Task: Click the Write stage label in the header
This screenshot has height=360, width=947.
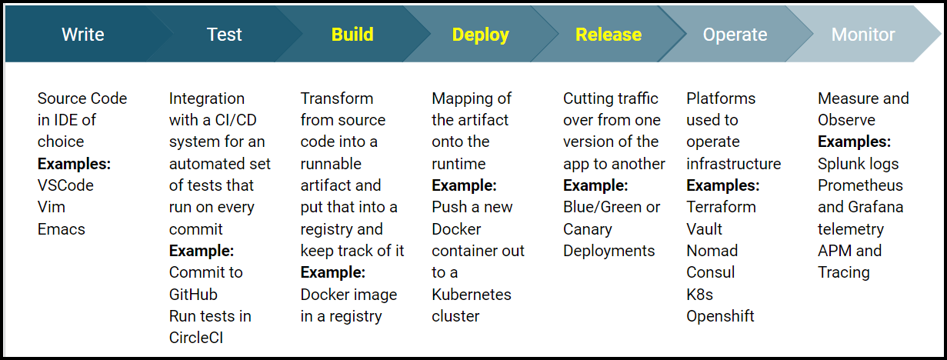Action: coord(83,35)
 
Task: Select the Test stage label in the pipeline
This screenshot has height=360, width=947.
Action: coord(224,35)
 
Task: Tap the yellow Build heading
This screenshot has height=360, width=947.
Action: coord(352,35)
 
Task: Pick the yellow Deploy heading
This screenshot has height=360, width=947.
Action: coord(480,35)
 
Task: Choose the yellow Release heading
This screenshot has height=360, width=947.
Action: coord(608,35)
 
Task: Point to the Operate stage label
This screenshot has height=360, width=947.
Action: coord(735,35)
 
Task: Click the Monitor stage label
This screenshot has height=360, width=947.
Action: coord(863,35)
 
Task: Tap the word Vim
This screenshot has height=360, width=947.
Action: coord(51,207)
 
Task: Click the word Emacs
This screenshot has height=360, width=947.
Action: coord(62,229)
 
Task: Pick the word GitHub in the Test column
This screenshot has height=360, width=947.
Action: coord(193,295)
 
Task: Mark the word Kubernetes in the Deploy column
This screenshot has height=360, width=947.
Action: coord(472,295)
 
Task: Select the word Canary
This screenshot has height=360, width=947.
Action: coord(588,229)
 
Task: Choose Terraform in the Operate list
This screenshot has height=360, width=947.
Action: coord(721,207)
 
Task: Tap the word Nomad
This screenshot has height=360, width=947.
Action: coord(712,251)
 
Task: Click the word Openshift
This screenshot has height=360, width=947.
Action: coord(720,316)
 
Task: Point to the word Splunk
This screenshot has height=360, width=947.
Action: coord(841,164)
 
